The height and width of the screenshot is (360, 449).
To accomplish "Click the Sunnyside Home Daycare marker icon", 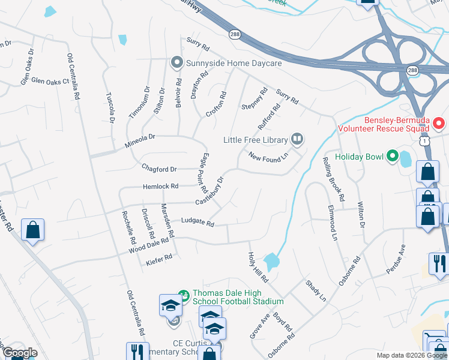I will pos(176,62).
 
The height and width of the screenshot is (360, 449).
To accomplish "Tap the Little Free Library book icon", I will pos(297,139).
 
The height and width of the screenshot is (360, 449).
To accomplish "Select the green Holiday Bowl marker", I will pos(393,157).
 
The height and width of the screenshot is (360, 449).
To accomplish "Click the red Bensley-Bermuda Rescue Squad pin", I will pos(438,124).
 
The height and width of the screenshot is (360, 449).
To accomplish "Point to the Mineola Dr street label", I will pos(140,141).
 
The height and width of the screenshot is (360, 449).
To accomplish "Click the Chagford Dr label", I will pos(159,169).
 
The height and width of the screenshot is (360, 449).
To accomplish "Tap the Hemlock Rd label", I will pos(160,187).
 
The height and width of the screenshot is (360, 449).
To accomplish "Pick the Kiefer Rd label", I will pos(159,259).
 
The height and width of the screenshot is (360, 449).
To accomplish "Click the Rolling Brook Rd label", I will pos(333,179).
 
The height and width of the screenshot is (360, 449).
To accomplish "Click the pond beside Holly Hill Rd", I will pos(271,261).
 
